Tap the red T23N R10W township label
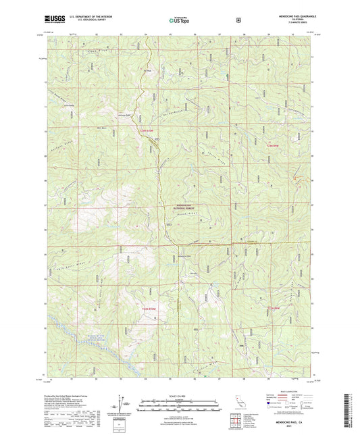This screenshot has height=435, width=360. coord(148,130)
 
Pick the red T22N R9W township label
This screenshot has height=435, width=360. coord(272,309)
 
